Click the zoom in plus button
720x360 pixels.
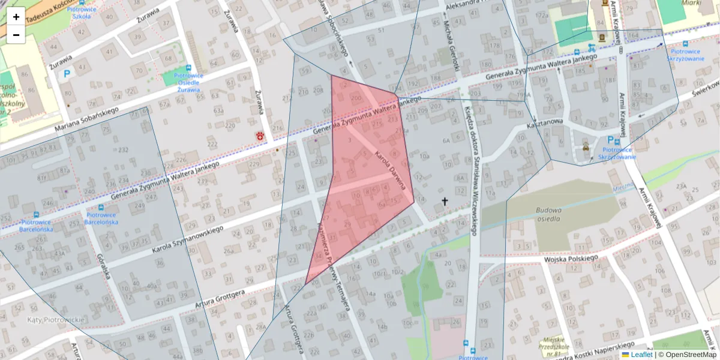pos(16,17)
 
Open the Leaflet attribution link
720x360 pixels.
pos(640,355)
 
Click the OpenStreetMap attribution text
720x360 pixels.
pos(689,355)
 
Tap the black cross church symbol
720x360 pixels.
pos(445,202)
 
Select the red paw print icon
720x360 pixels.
pos(261,136)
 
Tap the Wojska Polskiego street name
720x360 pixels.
pos(572,259)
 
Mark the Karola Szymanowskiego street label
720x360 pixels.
pos(188,238)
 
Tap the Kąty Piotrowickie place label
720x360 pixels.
pos(56,320)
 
